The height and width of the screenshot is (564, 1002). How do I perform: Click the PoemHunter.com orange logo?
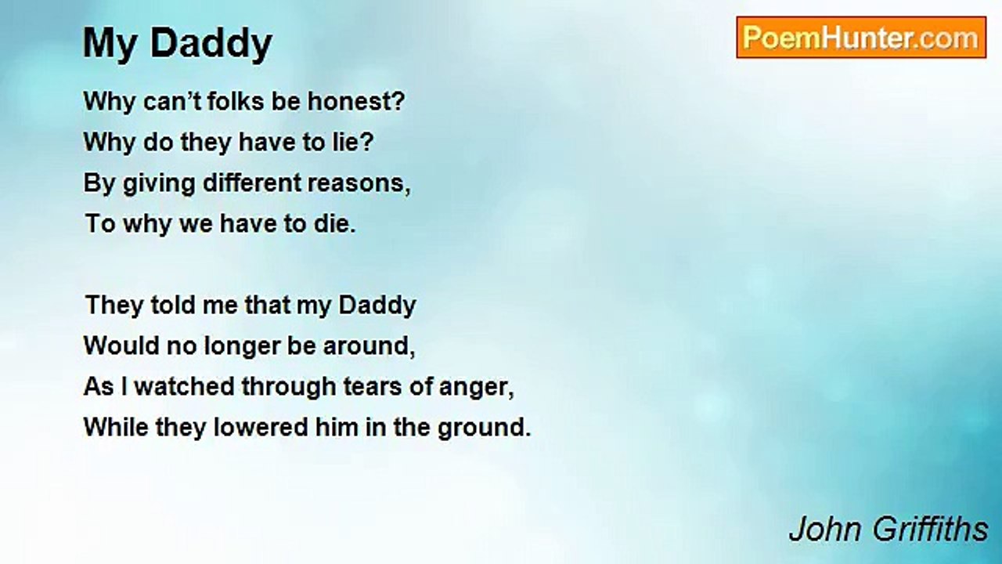(x=861, y=38)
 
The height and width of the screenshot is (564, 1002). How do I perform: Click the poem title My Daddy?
(x=178, y=44)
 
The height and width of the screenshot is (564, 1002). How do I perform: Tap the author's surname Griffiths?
(x=930, y=529)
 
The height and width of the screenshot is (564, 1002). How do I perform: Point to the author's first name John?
(x=827, y=530)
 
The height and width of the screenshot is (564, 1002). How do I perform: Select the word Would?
(x=121, y=345)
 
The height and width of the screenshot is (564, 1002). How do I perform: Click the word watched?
(x=184, y=386)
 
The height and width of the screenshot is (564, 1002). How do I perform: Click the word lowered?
(x=261, y=427)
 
